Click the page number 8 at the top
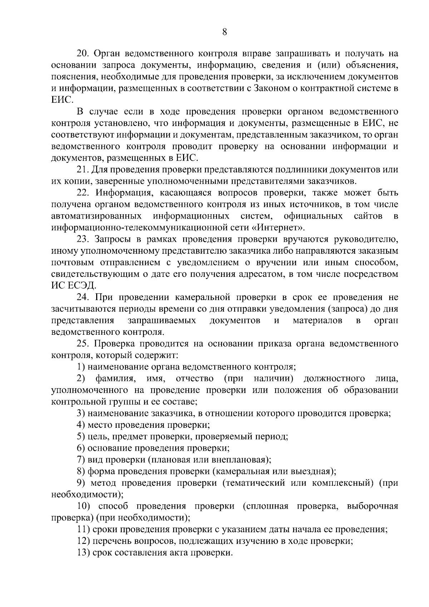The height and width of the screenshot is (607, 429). pos(225,32)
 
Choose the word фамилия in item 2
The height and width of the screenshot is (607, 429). pos(115,378)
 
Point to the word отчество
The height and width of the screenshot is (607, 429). pos(194,378)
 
